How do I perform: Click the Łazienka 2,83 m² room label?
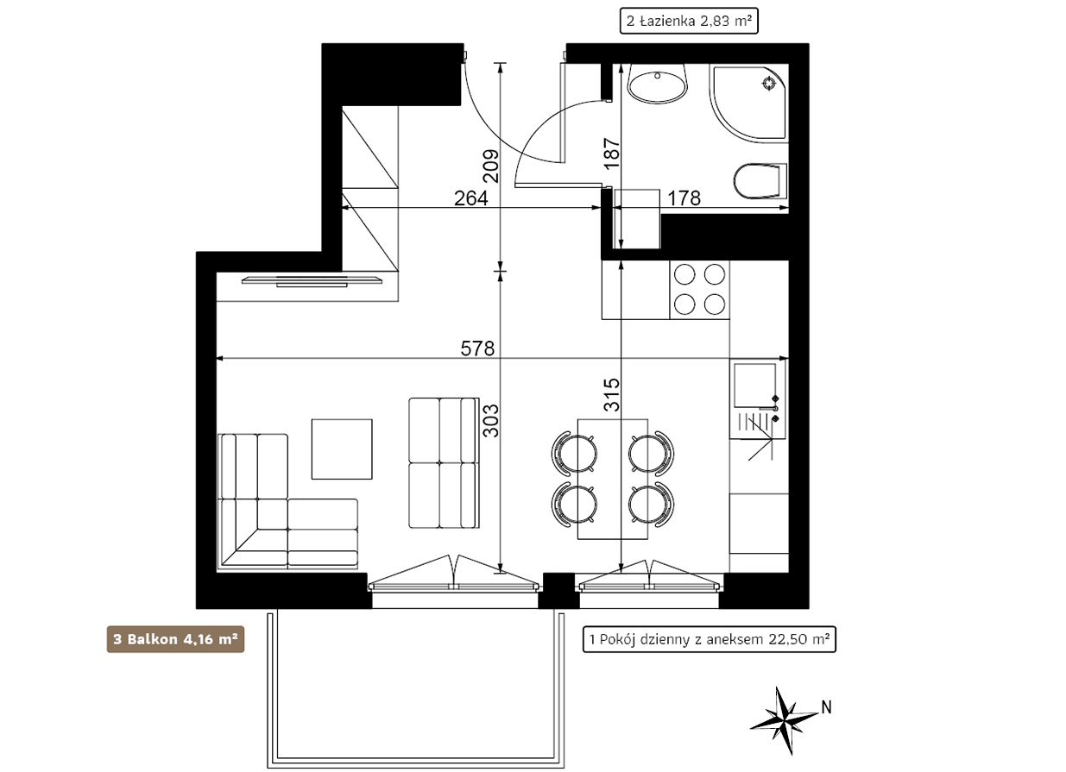(x=689, y=22)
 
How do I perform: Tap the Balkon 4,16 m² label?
(x=175, y=639)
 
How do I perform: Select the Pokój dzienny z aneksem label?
(x=709, y=639)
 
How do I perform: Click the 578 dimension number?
(x=477, y=348)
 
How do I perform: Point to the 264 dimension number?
(x=470, y=198)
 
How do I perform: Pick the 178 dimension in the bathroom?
(x=684, y=198)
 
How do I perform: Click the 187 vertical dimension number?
(x=612, y=154)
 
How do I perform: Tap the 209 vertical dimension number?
(x=491, y=166)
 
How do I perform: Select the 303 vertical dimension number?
(x=491, y=420)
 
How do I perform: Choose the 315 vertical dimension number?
(x=612, y=394)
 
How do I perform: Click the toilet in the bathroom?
(x=760, y=181)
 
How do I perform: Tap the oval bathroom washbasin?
(x=658, y=83)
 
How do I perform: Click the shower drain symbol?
(x=769, y=84)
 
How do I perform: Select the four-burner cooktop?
(x=699, y=289)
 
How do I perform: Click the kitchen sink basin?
(x=754, y=386)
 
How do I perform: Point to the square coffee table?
(x=342, y=449)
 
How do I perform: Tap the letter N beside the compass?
(x=827, y=707)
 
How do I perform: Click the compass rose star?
(x=784, y=721)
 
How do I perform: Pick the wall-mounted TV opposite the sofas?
(x=312, y=281)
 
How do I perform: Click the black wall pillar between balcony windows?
(x=558, y=590)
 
